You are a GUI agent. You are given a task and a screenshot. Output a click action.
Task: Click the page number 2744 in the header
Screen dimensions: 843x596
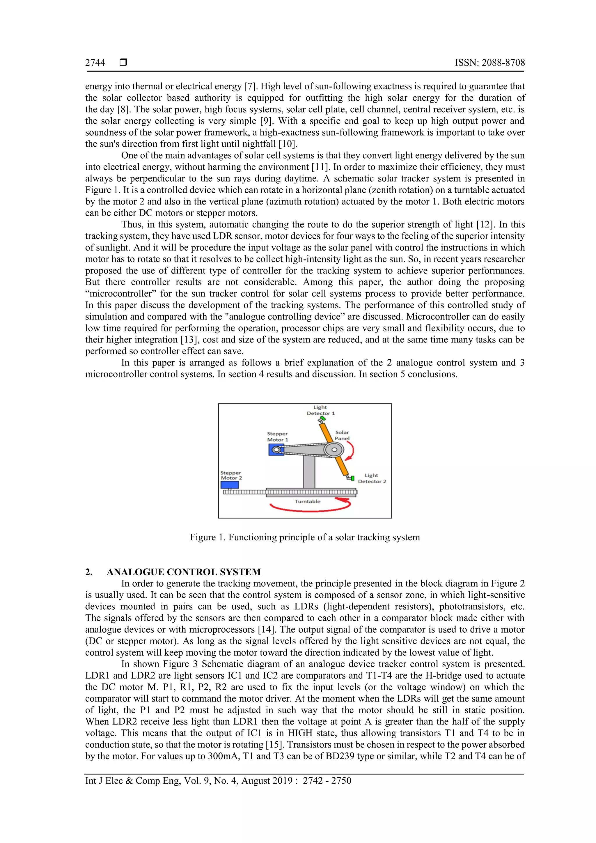(95, 63)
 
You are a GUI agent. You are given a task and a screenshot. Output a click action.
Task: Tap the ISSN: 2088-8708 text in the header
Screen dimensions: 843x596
(489, 63)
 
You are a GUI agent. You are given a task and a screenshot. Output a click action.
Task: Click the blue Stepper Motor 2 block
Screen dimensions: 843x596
(230, 485)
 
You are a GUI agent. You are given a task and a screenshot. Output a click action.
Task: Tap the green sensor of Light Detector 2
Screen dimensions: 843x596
(352, 478)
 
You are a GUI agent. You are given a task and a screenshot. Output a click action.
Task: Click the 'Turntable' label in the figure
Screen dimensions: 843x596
(307, 502)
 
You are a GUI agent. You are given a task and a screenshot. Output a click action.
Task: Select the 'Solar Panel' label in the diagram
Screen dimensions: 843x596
(342, 435)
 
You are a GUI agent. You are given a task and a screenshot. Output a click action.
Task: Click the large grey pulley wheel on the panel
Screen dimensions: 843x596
(334, 449)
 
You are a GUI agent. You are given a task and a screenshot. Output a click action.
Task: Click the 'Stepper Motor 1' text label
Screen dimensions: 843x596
(277, 436)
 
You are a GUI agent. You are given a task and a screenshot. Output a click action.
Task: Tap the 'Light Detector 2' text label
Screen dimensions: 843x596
(372, 478)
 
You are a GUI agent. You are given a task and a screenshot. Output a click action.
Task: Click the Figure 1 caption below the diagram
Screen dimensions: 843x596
(304, 537)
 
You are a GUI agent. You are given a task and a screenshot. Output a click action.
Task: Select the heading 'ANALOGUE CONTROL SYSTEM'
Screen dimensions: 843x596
(184, 572)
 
